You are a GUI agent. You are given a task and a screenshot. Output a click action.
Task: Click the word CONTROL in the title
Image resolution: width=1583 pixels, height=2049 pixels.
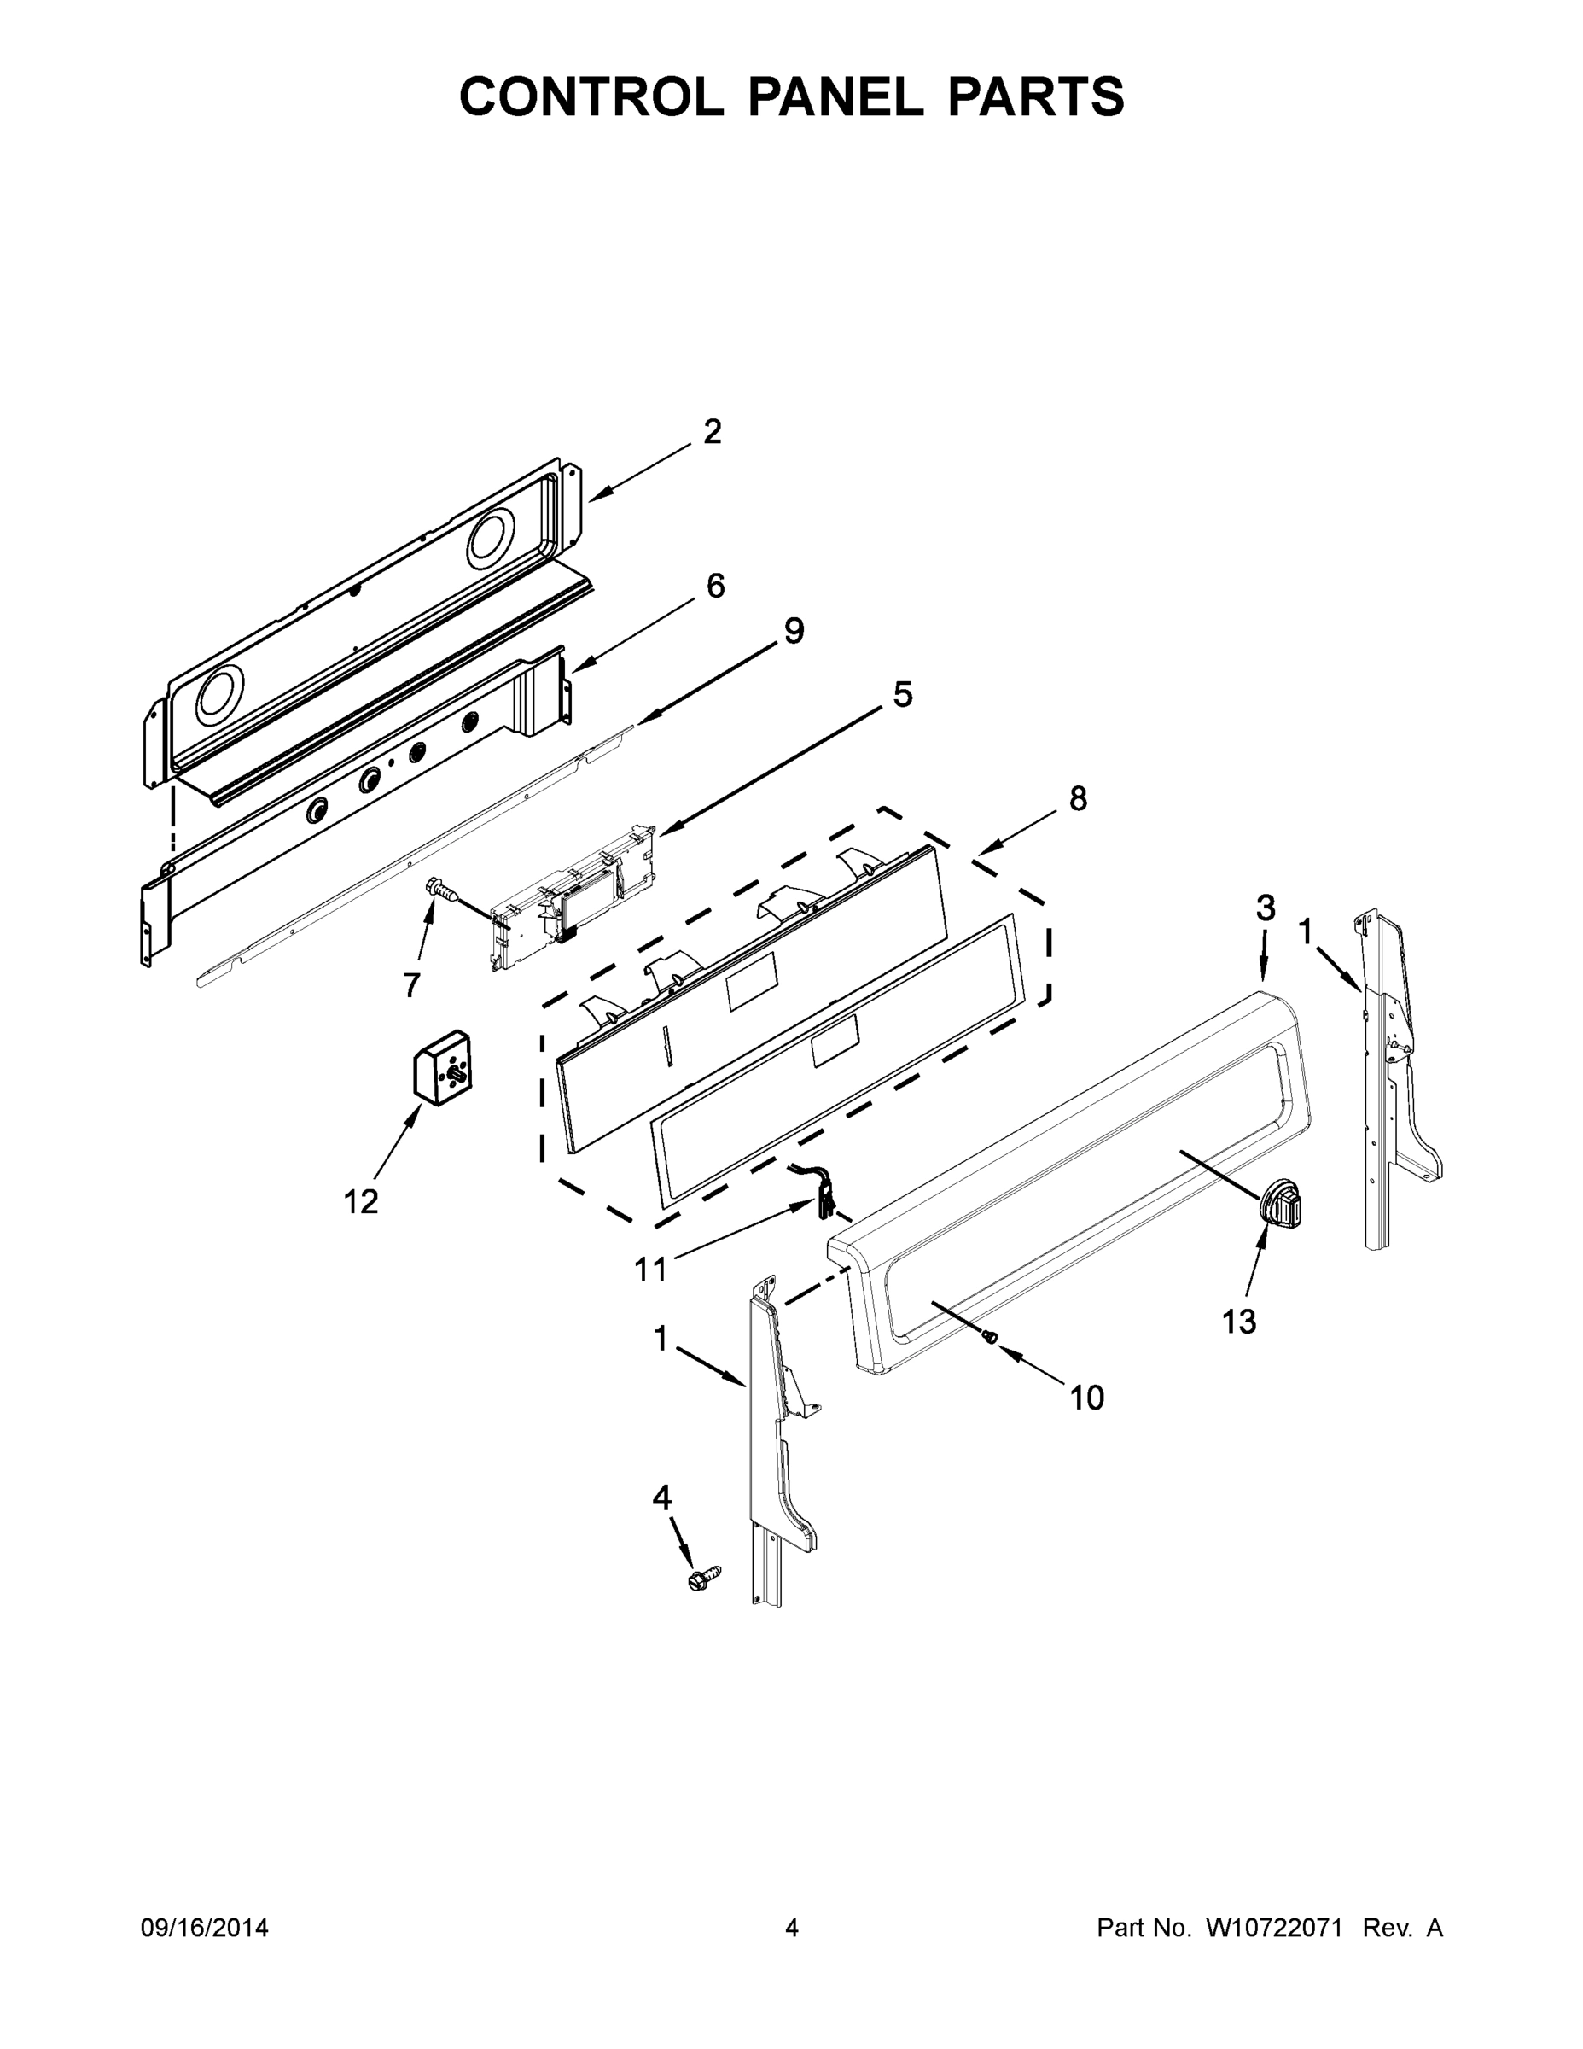click(591, 96)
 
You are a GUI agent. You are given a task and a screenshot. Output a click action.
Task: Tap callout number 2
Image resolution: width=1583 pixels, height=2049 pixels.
click(713, 431)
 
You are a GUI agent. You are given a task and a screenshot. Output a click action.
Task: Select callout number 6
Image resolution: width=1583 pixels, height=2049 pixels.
click(715, 587)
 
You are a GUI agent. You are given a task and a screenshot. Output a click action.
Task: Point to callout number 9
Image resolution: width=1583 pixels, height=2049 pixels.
click(794, 632)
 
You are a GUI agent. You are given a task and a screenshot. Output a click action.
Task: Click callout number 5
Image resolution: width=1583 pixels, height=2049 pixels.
click(901, 695)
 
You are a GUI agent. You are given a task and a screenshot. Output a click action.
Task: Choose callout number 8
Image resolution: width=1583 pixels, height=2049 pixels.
click(1079, 798)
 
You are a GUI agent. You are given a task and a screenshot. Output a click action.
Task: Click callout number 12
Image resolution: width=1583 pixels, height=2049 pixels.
click(361, 1202)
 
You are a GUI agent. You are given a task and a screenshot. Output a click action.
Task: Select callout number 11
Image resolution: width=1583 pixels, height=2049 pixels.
click(651, 1270)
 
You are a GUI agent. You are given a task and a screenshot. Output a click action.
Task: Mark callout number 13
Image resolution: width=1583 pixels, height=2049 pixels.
click(1239, 1321)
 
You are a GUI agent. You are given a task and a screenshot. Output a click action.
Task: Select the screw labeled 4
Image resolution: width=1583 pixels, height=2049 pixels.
click(704, 1578)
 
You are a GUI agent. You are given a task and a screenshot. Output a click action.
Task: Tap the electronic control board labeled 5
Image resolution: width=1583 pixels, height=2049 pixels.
click(572, 894)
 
